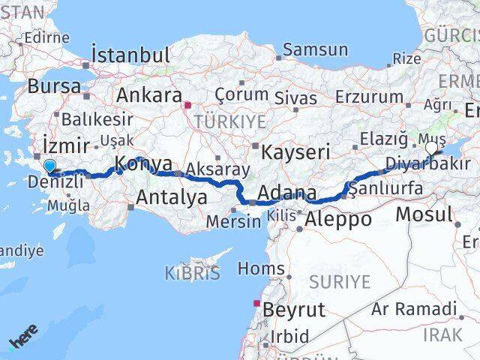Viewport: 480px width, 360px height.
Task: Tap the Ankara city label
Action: [x=149, y=96]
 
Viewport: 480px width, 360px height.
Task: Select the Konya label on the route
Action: [x=142, y=165]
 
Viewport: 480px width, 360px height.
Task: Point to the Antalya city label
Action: [x=172, y=197]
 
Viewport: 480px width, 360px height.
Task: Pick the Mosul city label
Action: [x=424, y=214]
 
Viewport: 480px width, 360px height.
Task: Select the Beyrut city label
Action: [x=293, y=309]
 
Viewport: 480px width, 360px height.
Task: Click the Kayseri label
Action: [x=295, y=152]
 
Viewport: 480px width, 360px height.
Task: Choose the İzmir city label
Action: [x=67, y=145]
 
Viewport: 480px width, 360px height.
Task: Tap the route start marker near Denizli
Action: [x=49, y=166]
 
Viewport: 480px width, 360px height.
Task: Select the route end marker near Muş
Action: [x=431, y=148]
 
